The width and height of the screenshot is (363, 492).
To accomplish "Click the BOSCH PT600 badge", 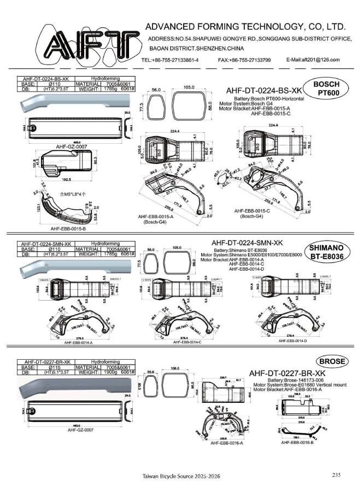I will pyautogui.click(x=327, y=88).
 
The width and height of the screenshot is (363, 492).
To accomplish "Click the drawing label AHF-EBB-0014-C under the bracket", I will pyautogui.click(x=188, y=342).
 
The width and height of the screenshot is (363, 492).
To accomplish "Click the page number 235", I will pyautogui.click(x=336, y=475).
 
